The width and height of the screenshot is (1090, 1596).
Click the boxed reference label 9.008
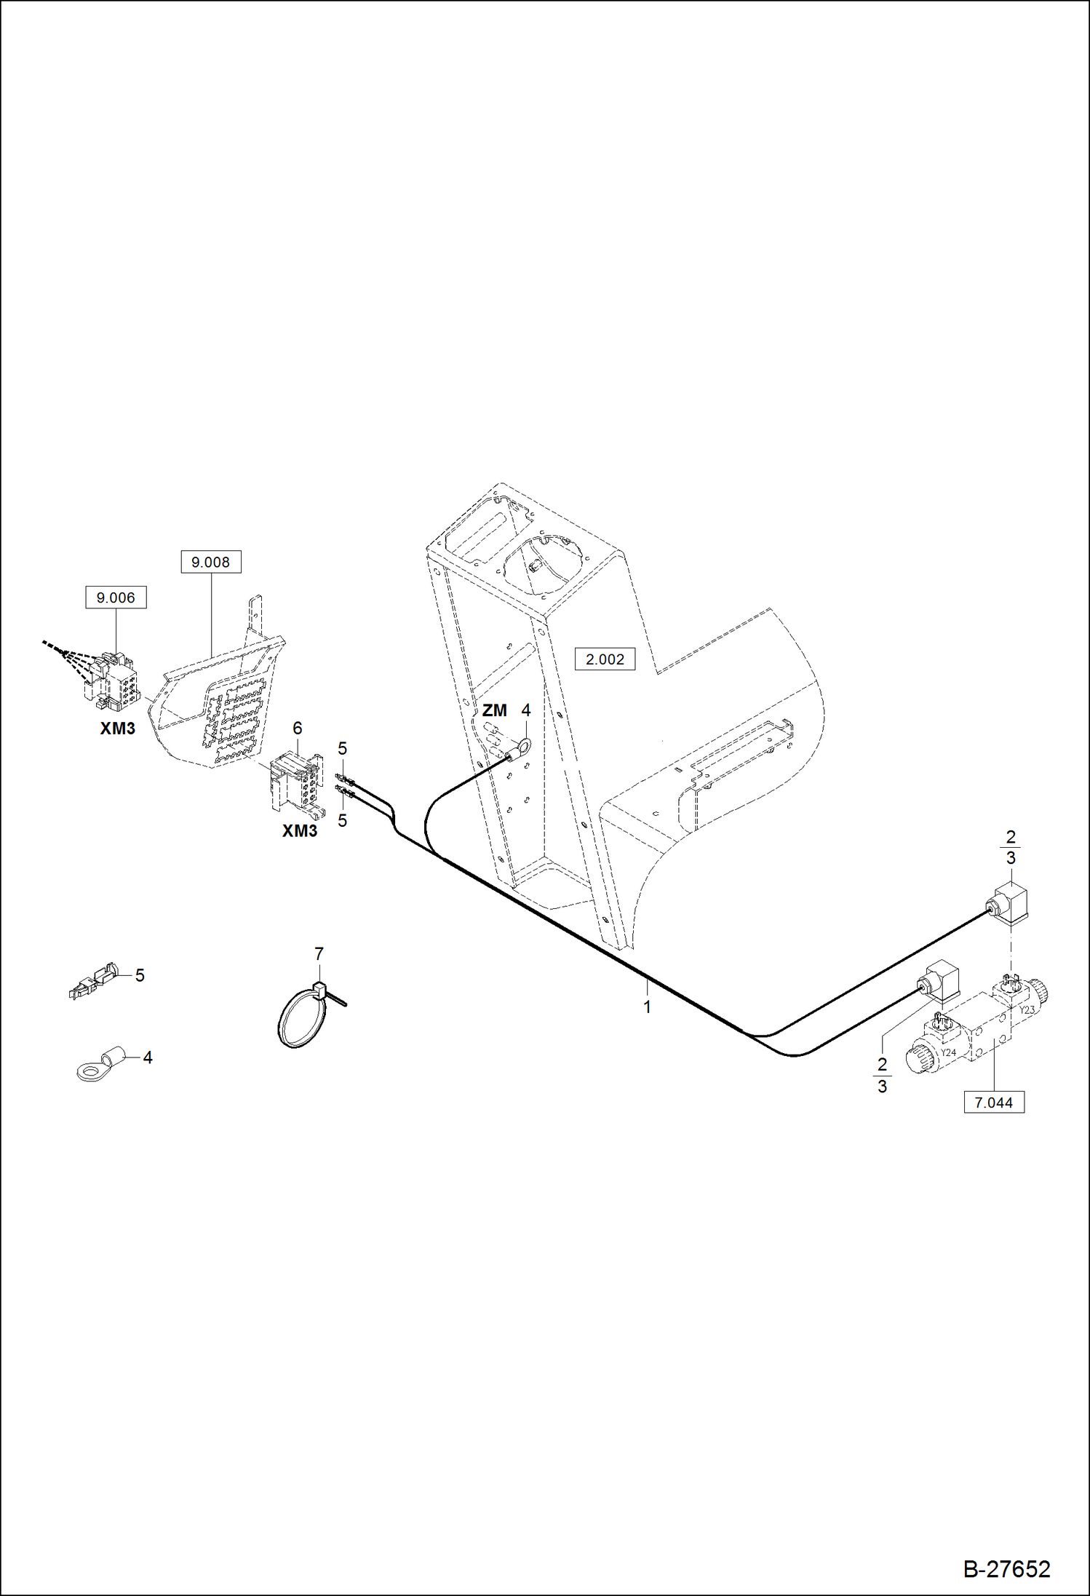[x=210, y=562]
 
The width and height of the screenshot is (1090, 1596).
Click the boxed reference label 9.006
[x=116, y=597]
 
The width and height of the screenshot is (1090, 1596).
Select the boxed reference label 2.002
[x=605, y=659]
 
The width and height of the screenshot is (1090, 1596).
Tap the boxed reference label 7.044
[x=993, y=1103]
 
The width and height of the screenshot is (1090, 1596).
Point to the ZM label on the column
[x=494, y=710]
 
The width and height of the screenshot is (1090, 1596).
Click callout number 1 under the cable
[x=647, y=1007]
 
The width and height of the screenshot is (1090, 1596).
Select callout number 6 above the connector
[x=297, y=728]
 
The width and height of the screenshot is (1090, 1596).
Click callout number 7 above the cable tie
[x=319, y=953]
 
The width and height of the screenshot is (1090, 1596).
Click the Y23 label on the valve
[x=1026, y=1010]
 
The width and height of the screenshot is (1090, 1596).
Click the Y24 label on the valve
[x=948, y=1052]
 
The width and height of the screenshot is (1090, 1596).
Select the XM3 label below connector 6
[x=300, y=831]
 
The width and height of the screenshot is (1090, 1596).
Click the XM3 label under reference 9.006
[x=117, y=728]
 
